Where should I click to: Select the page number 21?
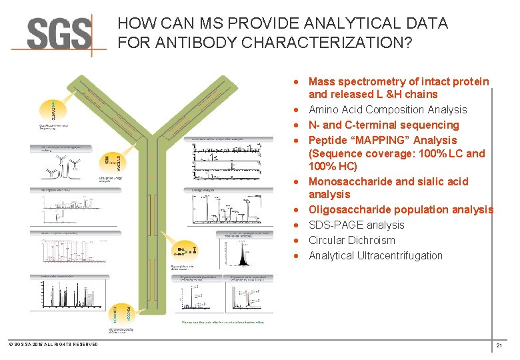click(x=499, y=346)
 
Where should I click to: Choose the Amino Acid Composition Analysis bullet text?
click(x=387, y=109)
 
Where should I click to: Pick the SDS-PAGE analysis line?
click(x=356, y=225)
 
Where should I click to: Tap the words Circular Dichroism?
click(x=351, y=240)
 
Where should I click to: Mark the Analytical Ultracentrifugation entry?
click(x=375, y=255)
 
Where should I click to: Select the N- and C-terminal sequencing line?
click(x=383, y=125)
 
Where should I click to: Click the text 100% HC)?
click(x=333, y=166)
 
